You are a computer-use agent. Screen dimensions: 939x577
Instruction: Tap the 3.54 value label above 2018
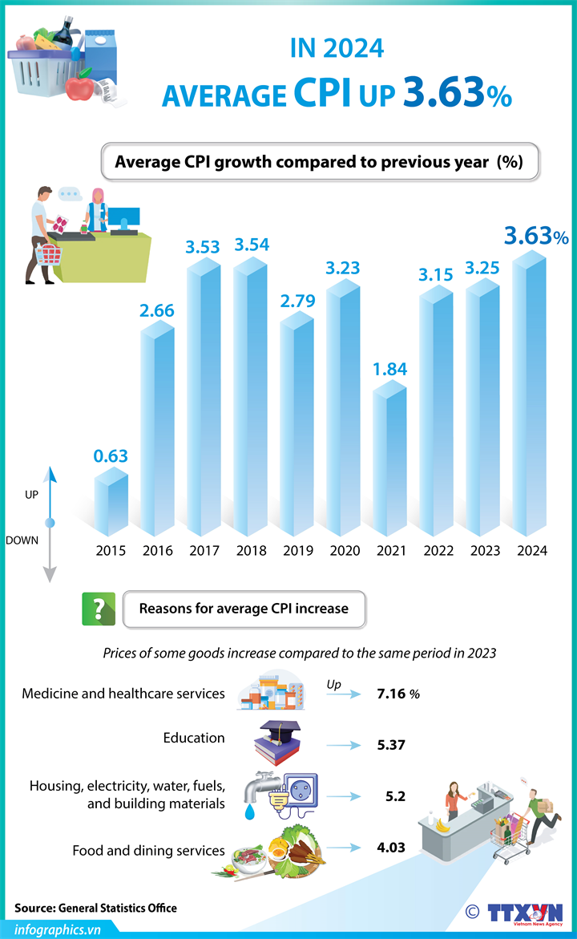[251, 244]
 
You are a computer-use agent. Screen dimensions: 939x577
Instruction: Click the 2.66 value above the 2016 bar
[157, 310]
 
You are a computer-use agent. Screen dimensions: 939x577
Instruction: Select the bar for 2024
[530, 401]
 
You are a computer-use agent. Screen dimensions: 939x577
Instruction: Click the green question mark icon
[99, 609]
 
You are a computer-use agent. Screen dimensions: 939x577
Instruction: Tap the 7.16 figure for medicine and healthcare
[393, 693]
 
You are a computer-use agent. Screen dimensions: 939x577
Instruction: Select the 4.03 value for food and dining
[391, 847]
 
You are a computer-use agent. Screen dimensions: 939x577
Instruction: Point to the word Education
[194, 738]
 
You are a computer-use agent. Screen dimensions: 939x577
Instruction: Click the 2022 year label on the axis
[438, 551]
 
